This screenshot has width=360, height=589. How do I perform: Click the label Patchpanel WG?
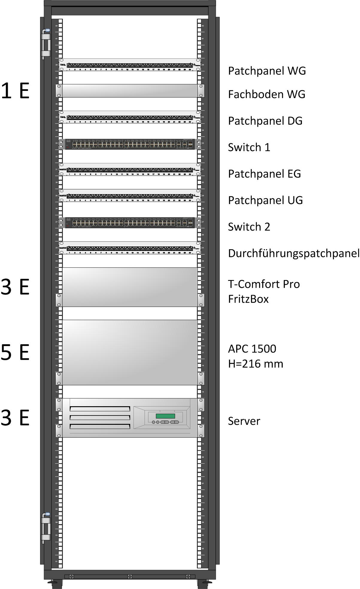coord(267,71)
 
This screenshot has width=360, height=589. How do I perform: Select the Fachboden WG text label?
coord(266,95)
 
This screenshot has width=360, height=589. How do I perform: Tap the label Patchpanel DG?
coord(265,121)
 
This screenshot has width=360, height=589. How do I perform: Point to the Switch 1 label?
coord(249,147)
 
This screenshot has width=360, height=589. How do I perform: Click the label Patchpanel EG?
coord(264,174)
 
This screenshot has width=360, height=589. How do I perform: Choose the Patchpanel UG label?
coord(265,200)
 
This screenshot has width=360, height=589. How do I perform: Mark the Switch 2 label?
coord(249,227)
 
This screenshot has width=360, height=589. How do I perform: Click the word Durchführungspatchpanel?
coord(293,254)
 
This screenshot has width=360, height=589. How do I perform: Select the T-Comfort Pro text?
coord(264,284)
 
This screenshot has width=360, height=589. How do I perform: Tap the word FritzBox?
coord(248,299)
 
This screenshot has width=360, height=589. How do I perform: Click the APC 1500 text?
coord(252,349)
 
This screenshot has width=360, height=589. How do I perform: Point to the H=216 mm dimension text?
coord(255,364)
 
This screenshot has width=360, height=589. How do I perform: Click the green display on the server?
coord(165,416)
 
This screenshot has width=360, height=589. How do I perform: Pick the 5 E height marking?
coord(15,352)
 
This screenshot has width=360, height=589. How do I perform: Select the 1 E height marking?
coord(15,91)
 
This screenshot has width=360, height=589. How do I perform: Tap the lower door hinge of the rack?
coord(45,528)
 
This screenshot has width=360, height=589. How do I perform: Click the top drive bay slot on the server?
coord(100,409)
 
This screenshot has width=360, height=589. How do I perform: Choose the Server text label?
coord(244,421)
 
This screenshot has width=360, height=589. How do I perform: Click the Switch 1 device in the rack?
coord(130,144)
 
